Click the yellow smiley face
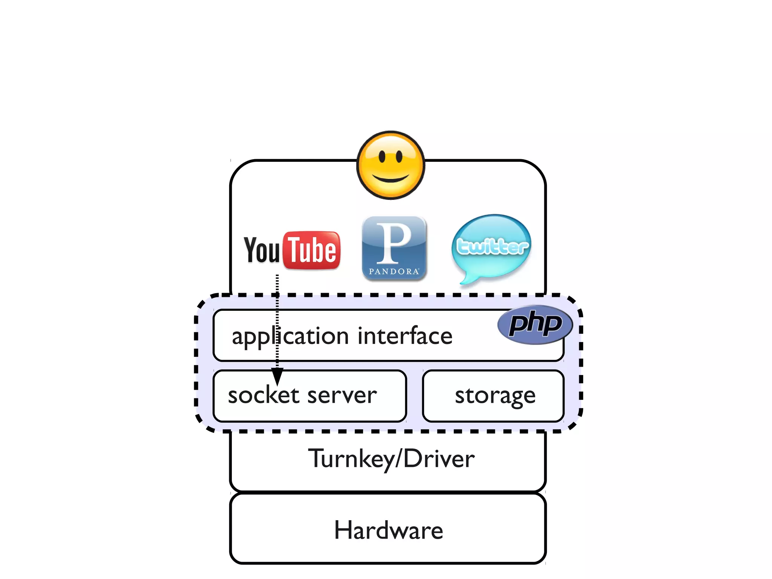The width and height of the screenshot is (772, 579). pos(391,165)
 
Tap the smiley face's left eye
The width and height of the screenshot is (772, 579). pos(382,156)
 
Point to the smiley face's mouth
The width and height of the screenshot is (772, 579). pos(391,178)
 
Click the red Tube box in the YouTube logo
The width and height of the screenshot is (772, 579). pos(312,250)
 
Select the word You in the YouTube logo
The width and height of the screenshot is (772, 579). pos(262,250)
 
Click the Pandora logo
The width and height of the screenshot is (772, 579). pos(394,248)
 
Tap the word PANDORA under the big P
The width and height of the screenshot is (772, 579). pos(394,271)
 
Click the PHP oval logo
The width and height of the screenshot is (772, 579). pos(535,324)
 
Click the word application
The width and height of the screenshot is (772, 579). pos(290,336)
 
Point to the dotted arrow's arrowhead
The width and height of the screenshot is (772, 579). pos(277,376)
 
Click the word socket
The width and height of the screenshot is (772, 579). pos(264,395)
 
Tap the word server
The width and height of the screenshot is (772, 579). pos(342,396)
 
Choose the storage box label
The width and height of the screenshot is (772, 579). pos(495,396)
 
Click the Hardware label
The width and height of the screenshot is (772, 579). pos(388,530)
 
